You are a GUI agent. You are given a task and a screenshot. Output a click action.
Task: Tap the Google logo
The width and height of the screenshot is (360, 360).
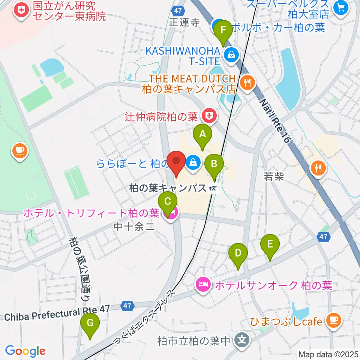(x=25, y=351)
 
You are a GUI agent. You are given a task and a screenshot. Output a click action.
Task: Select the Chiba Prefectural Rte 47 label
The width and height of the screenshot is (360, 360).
(x=57, y=314)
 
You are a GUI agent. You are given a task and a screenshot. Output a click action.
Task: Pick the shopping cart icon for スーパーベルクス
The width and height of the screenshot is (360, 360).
(x=341, y=7)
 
